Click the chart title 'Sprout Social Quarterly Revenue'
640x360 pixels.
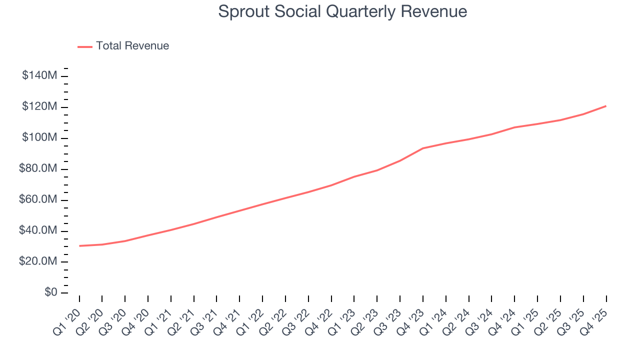click(342, 11)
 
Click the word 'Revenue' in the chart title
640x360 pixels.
click(435, 11)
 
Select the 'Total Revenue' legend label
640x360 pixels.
click(132, 46)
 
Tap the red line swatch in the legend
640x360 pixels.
click(85, 46)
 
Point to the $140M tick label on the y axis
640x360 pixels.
click(39, 76)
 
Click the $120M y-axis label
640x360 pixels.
click(39, 107)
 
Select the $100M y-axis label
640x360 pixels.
click(39, 138)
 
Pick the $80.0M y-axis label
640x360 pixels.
click(38, 169)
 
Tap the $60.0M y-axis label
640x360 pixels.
click(38, 200)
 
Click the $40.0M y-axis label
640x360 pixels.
click(38, 231)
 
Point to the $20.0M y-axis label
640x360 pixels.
click(38, 262)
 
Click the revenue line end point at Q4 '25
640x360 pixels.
click(606, 106)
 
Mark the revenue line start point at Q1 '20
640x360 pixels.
click(79, 246)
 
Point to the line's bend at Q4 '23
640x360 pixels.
click(423, 148)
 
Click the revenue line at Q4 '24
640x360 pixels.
click(514, 127)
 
